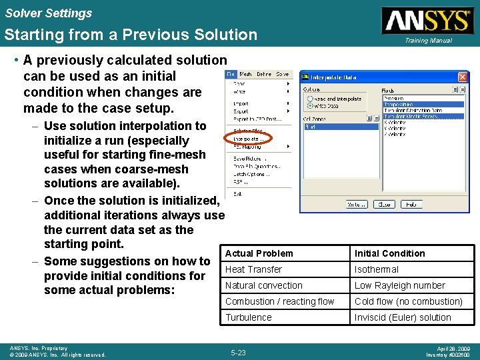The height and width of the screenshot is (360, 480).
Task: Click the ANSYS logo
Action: pyautogui.click(x=427, y=20)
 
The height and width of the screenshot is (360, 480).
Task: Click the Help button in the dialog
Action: pyautogui.click(x=411, y=205)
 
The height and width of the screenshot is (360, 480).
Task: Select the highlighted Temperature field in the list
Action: pyautogui.click(x=400, y=104)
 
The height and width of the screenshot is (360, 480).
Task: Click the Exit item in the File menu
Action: pyautogui.click(x=237, y=194)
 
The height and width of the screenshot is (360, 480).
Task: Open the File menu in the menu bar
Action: pyautogui.click(x=231, y=75)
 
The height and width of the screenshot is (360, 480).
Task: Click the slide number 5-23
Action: pyautogui.click(x=238, y=352)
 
